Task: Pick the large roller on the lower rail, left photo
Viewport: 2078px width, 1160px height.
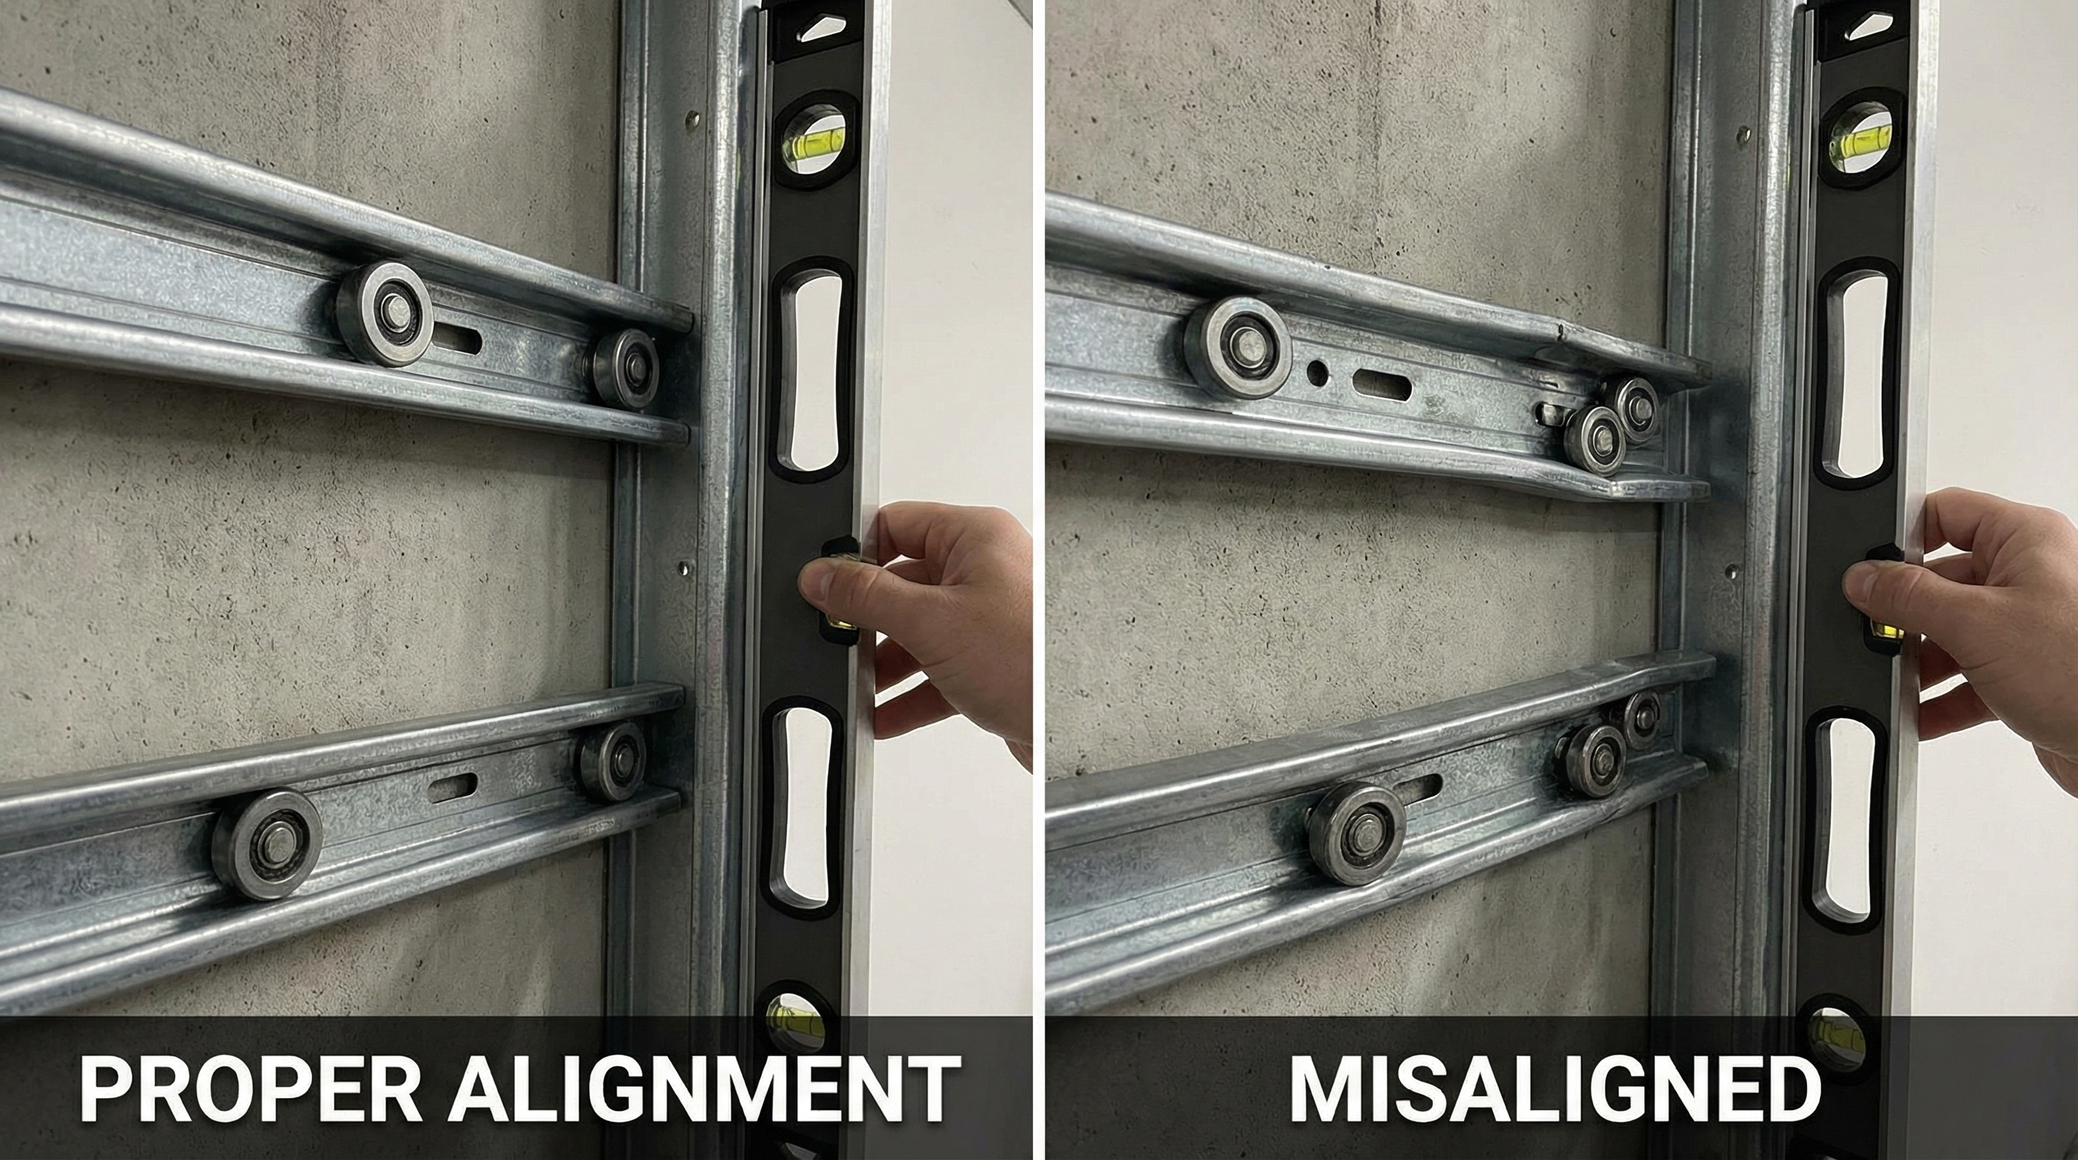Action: (x=267, y=844)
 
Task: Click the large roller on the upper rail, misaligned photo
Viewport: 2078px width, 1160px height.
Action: (x=1238, y=347)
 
